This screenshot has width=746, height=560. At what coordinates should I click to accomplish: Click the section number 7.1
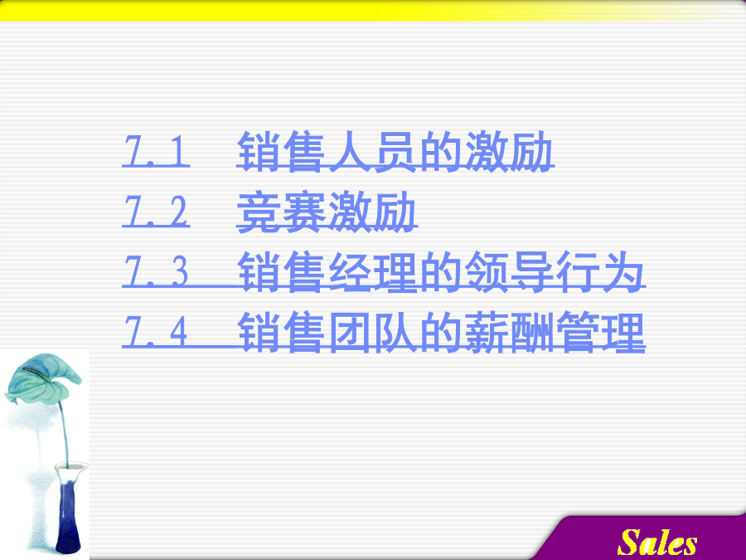156,151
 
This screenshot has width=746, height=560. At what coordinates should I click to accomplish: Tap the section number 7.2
156,212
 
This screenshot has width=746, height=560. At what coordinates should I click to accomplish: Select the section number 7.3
156,271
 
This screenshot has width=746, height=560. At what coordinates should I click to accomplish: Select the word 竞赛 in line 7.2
282,212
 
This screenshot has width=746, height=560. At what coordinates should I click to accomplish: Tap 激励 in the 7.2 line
373,212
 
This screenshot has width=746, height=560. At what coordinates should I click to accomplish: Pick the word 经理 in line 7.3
374,272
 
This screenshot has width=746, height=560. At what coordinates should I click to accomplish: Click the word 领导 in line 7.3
509,272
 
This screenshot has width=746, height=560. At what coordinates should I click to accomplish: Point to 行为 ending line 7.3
600,272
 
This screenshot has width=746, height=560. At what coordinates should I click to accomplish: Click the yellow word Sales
657,543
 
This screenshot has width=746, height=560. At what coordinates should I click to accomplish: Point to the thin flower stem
64,433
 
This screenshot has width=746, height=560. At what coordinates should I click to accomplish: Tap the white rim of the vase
72,469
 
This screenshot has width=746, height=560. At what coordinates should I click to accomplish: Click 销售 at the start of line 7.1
282,152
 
